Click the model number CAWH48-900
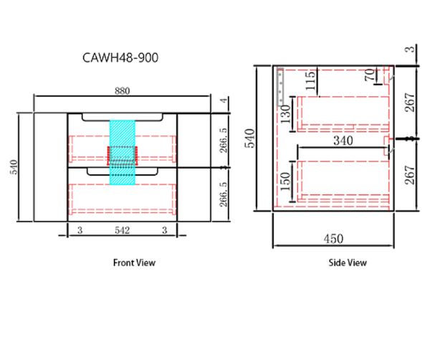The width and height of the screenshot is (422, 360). [x=120, y=57]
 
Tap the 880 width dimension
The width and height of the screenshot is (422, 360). [x=123, y=91]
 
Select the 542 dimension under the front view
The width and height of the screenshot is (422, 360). [x=123, y=230]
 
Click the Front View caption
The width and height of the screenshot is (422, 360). [x=134, y=262]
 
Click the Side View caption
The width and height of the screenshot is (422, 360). [x=347, y=262]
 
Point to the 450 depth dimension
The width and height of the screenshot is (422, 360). [x=333, y=239]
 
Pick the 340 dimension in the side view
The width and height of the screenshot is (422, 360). [x=343, y=141]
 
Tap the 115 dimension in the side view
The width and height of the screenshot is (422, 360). [x=310, y=81]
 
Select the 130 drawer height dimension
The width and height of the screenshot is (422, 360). [x=286, y=114]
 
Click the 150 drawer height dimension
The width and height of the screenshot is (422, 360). [x=286, y=181]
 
